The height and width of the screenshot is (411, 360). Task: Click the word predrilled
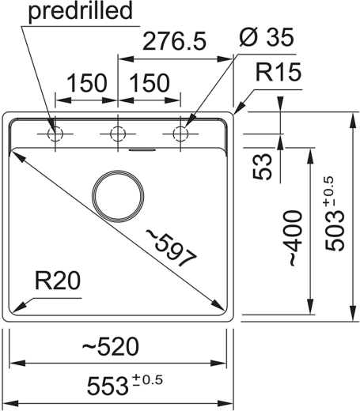[80, 12]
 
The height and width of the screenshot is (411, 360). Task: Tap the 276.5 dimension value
[174, 41]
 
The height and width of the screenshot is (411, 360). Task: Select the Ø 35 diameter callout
[267, 37]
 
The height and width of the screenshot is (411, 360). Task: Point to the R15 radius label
[279, 72]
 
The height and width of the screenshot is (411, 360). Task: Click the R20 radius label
[58, 281]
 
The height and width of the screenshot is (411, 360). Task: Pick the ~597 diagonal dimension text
[171, 247]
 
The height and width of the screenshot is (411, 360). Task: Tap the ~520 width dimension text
[110, 347]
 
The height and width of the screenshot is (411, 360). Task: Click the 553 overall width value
[107, 386]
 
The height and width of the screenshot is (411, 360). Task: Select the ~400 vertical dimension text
[295, 238]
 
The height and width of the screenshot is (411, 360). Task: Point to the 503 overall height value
[335, 232]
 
